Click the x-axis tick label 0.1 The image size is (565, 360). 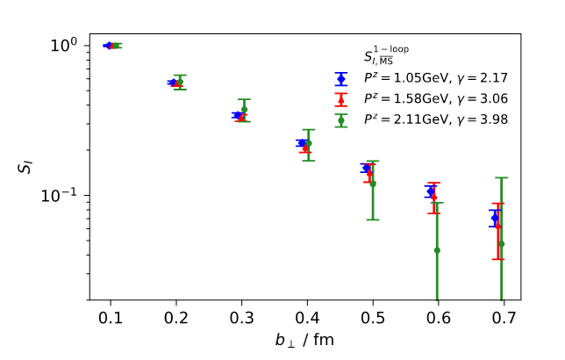tap(111, 316)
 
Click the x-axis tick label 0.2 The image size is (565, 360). tap(175, 316)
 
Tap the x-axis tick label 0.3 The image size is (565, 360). tap(241, 316)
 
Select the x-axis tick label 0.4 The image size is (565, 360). tap(307, 316)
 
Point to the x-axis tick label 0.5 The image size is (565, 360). tap(373, 316)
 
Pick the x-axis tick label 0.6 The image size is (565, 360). tap(439, 316)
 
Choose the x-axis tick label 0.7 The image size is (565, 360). tap(504, 316)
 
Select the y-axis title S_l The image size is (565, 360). tap(26, 162)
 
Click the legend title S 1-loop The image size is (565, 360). tap(386, 55)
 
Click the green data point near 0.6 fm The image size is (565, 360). tap(437, 249)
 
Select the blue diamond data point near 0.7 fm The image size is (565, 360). tap(495, 217)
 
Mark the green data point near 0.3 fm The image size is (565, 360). tap(244, 110)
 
